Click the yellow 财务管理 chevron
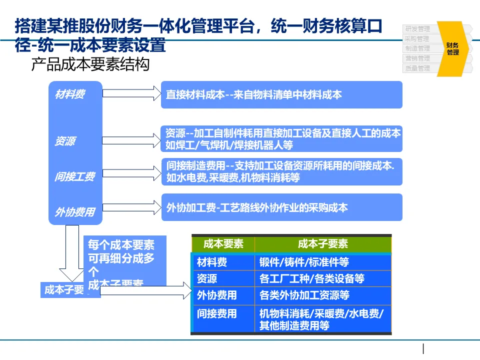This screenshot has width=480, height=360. pos(452,48)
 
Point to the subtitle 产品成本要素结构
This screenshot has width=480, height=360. pos(90,65)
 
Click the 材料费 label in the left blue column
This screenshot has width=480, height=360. pos(69,94)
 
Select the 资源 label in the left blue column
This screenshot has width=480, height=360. pos(65,141)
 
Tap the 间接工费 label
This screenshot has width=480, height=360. pos(74,176)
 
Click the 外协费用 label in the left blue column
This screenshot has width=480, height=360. pos(74,212)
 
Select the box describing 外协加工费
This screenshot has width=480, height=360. pos(281,207)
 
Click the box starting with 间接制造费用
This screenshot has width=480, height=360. pos(281,171)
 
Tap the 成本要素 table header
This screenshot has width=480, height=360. pos(223,244)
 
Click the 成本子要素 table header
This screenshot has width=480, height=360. pos(322,244)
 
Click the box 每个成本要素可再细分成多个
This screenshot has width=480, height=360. pos(124,260)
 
